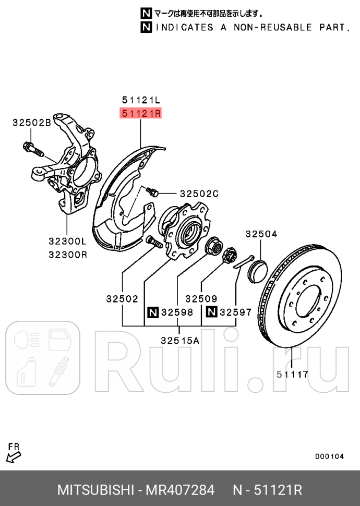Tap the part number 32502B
32,123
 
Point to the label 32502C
199,194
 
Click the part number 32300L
67,242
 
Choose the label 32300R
67,255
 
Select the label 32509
201,299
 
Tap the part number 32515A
179,340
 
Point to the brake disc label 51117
292,374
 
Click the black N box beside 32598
152,312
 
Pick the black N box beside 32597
211,312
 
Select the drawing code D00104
329,456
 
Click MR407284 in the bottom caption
180,490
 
